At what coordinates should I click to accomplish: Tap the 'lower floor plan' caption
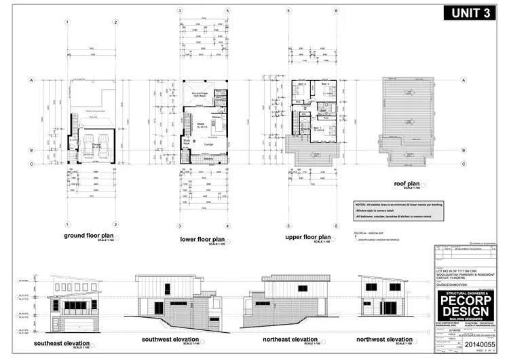pos(202,239)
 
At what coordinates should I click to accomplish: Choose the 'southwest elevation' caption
pos(170,339)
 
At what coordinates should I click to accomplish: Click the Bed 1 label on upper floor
pos(317,128)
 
